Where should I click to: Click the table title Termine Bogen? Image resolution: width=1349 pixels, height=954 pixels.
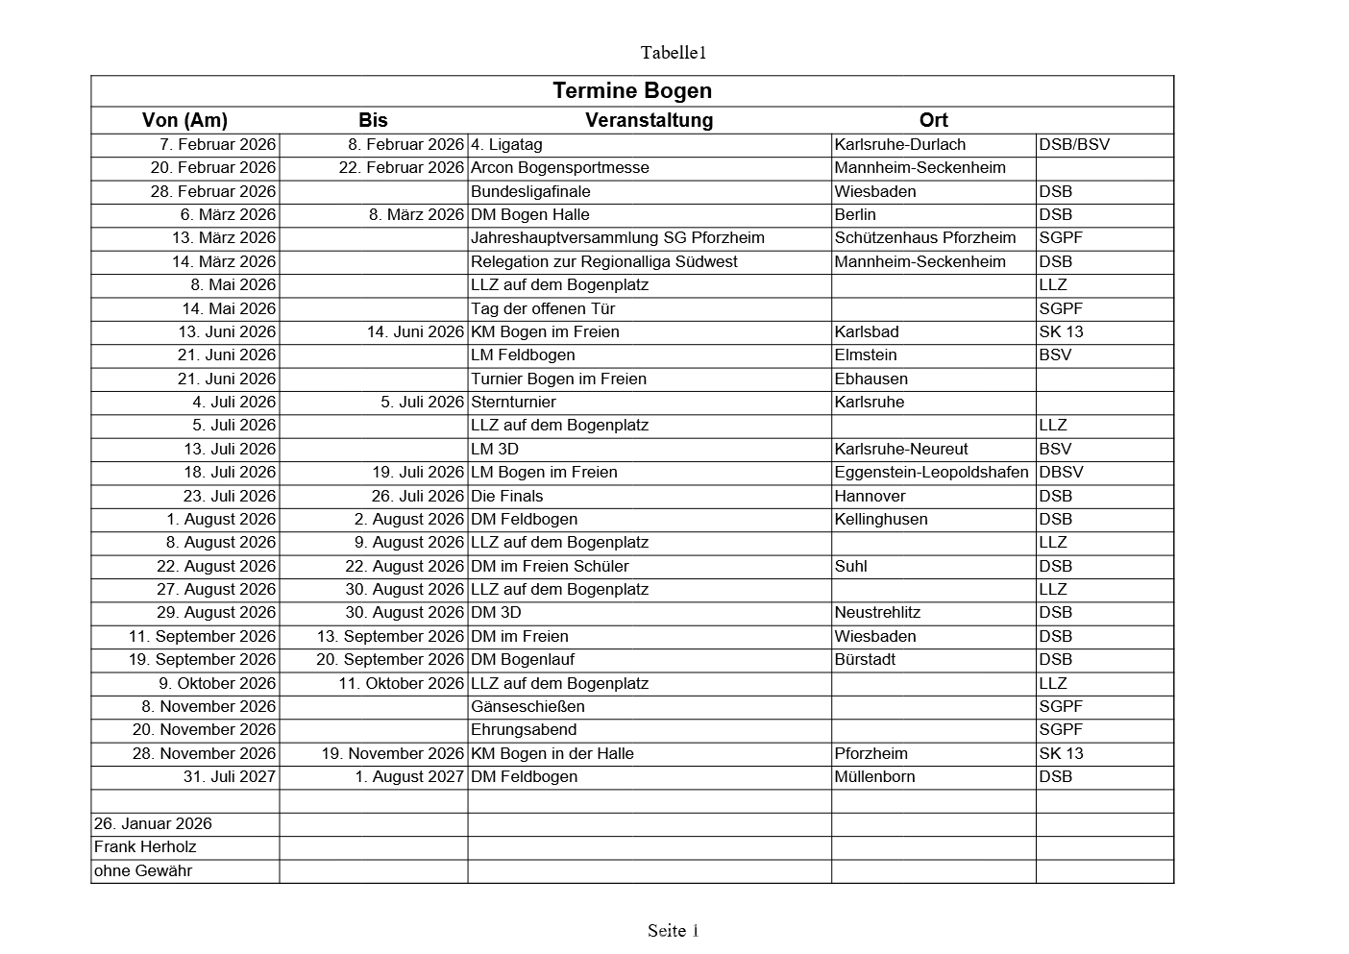[x=632, y=91]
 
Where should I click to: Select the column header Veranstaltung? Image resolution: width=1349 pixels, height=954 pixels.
[x=649, y=120]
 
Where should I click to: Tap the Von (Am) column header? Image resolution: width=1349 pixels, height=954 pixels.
[x=184, y=120]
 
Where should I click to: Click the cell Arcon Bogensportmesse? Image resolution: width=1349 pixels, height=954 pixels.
[x=559, y=168]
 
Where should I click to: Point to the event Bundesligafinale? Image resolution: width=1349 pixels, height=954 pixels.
[x=530, y=191]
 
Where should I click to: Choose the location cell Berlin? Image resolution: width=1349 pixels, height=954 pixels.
[x=855, y=215]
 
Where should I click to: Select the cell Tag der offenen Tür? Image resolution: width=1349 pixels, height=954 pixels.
[x=543, y=308]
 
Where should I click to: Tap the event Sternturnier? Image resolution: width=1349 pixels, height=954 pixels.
[x=513, y=402]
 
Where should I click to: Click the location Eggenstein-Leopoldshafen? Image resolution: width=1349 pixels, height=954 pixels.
[x=931, y=473]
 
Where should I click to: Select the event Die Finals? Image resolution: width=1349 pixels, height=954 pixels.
[x=506, y=496]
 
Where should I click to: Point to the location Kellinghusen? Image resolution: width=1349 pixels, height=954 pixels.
[x=881, y=520]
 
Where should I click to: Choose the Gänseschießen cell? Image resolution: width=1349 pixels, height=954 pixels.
[x=527, y=707]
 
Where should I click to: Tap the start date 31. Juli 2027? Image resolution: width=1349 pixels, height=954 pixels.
[x=229, y=777]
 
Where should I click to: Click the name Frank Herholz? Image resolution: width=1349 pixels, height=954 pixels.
[x=145, y=847]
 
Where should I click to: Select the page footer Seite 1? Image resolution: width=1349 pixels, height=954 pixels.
[x=673, y=930]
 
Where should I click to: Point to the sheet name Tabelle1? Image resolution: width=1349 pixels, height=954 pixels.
[x=674, y=52]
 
